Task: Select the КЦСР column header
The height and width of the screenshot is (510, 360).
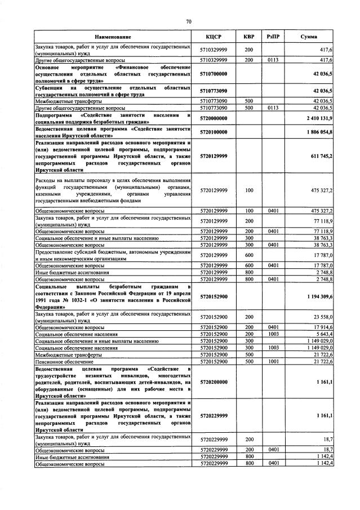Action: [x=214, y=37]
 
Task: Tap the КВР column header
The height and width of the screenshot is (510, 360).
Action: [x=249, y=37]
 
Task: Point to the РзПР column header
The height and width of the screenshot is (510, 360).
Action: [x=273, y=37]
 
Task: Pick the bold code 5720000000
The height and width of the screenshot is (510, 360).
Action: [x=214, y=118]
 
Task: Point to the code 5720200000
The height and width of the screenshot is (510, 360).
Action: [x=214, y=382]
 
